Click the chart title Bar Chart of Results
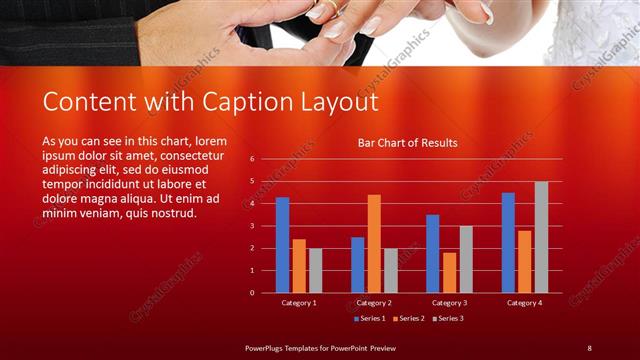[x=407, y=143]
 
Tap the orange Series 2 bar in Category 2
[x=374, y=243]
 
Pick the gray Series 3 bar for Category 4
[x=541, y=237]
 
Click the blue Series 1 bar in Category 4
[x=508, y=242]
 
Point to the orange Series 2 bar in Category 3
[x=449, y=272]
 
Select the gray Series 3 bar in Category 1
[x=315, y=270]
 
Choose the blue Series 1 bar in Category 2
[x=357, y=265]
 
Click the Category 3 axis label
[x=449, y=302]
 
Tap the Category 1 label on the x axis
[x=298, y=302]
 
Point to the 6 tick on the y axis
[x=253, y=159]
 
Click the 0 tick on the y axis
[x=253, y=293]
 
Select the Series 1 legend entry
[x=370, y=318]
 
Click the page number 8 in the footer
[x=589, y=347]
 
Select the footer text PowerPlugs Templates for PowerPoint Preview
[x=321, y=347]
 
